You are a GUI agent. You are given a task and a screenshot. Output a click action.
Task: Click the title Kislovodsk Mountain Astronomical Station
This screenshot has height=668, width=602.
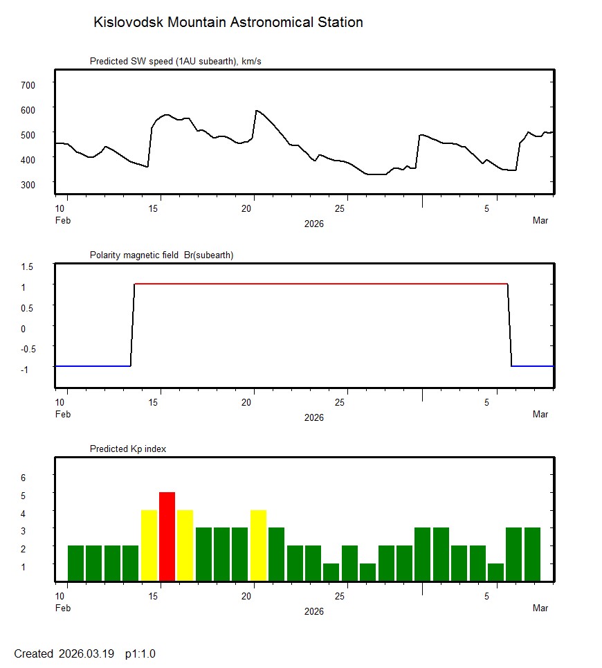tap(228, 23)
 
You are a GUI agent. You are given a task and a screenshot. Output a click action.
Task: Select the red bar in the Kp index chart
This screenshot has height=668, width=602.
tap(167, 536)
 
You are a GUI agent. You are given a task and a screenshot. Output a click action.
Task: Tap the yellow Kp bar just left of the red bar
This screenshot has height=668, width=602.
tap(149, 545)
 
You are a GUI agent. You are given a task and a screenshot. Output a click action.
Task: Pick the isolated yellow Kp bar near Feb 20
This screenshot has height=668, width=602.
tap(258, 545)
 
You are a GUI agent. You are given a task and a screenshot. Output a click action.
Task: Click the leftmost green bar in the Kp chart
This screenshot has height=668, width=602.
tap(75, 563)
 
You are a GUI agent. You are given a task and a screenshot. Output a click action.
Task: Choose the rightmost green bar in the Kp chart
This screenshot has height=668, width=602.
tap(532, 554)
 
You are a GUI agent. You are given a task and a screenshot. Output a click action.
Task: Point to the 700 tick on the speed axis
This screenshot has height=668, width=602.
tap(28, 84)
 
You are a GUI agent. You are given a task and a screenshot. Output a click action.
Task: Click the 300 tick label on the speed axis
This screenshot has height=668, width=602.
tap(28, 183)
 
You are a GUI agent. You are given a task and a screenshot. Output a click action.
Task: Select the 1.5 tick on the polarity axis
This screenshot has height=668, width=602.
tap(28, 265)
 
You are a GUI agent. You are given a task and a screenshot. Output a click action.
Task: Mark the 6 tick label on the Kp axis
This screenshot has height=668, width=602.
tap(23, 478)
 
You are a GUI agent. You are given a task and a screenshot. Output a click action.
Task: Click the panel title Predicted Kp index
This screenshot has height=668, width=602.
tap(128, 449)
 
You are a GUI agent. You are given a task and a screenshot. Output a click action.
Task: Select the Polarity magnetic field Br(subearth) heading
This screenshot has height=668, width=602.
tap(161, 255)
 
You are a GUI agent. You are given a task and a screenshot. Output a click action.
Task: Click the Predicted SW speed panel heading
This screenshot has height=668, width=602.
tap(175, 62)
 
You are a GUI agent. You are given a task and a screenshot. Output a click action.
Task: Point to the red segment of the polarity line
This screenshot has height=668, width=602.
tap(318, 284)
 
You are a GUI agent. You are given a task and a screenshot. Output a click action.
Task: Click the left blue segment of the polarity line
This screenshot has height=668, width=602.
tap(93, 365)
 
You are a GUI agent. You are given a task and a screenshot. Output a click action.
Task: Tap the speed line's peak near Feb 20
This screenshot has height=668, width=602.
tap(257, 111)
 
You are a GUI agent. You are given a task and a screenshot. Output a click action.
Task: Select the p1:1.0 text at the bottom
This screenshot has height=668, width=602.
tap(140, 653)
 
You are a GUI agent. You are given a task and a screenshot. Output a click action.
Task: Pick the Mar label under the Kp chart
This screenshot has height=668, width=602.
tap(540, 608)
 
